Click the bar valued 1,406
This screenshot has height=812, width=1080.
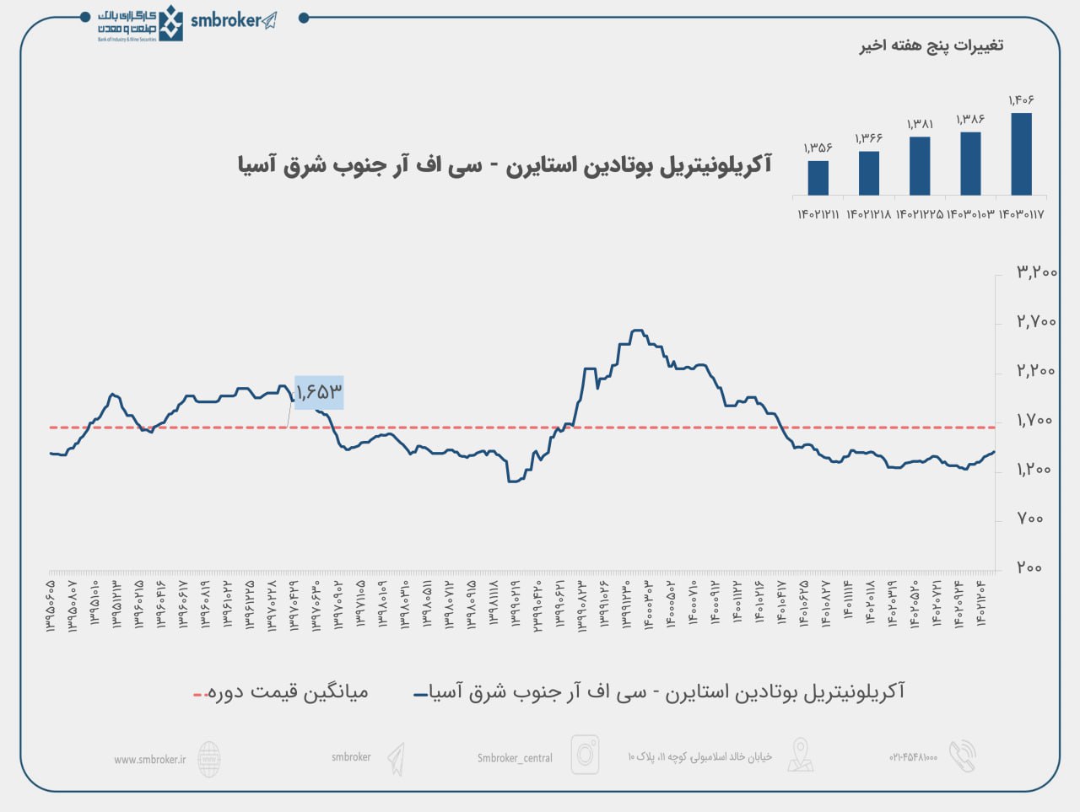tap(1021, 154)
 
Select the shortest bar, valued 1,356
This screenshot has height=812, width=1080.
tap(818, 178)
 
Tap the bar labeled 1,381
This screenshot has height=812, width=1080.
tap(920, 166)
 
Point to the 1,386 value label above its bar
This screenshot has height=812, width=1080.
tap(970, 120)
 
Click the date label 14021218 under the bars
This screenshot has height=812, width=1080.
tap(868, 214)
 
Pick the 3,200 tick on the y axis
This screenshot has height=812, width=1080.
tap(1035, 272)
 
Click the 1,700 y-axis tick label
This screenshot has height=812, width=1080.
tap(1035, 420)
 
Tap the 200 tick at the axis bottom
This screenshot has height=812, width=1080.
tap(1029, 567)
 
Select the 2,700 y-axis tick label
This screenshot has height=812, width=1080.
tap(1035, 321)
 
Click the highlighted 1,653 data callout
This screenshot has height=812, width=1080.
tap(319, 392)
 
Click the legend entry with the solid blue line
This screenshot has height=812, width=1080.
tap(658, 693)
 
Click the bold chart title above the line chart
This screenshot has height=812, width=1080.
tap(505, 165)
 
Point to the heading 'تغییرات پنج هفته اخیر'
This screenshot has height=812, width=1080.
tap(931, 46)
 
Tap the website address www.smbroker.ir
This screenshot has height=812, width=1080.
tap(149, 759)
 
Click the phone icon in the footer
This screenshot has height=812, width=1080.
tap(962, 756)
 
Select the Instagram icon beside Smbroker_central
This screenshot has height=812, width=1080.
tap(585, 755)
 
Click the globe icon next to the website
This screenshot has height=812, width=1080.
tap(209, 759)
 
